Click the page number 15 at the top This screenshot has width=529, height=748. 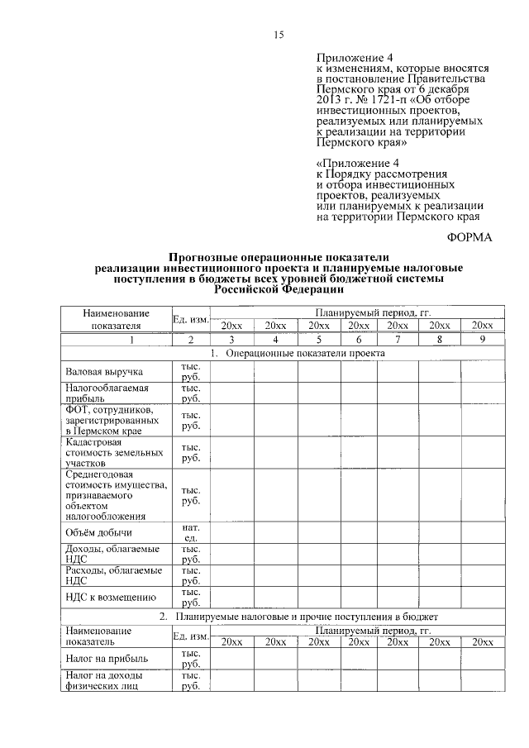(279, 34)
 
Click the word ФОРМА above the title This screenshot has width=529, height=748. (469, 238)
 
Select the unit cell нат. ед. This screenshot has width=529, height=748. (190, 532)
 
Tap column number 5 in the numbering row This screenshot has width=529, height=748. (316, 340)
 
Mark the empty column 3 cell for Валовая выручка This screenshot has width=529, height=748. (232, 372)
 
